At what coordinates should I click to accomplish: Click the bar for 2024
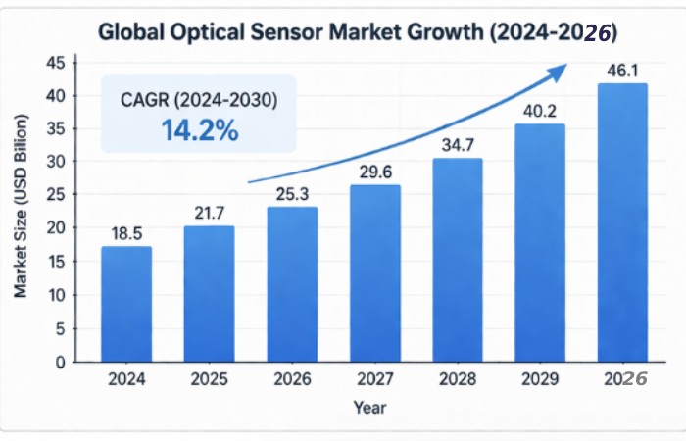pyautogui.click(x=126, y=304)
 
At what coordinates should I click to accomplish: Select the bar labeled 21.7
pyautogui.click(x=210, y=294)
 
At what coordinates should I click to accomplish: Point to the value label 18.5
pyautogui.click(x=126, y=233)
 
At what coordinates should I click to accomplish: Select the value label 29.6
pyautogui.click(x=375, y=171)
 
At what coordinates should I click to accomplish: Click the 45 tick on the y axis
pyautogui.click(x=55, y=63)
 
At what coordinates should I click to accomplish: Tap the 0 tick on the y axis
pyautogui.click(x=60, y=362)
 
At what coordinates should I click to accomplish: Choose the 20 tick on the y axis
pyautogui.click(x=55, y=228)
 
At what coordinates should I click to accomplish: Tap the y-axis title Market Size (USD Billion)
pyautogui.click(x=20, y=207)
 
